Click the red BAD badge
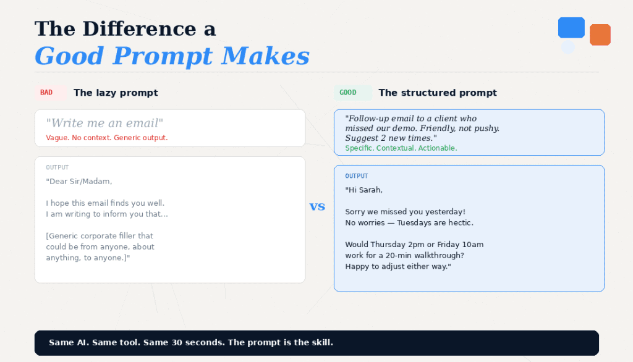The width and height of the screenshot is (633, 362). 46,93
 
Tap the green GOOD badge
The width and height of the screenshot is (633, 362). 348,93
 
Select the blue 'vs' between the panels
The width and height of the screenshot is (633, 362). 317,207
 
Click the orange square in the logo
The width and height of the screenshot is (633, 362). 600,35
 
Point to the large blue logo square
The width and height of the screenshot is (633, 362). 571,28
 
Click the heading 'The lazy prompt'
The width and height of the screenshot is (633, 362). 116,93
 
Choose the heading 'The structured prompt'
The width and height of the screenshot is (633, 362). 438,93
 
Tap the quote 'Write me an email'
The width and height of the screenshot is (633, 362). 104,123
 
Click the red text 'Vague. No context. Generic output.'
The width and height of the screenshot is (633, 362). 106,138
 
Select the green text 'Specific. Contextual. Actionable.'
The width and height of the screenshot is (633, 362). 401,148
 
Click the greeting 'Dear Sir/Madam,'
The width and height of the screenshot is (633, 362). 79,182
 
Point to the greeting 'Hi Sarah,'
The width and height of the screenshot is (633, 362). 363,190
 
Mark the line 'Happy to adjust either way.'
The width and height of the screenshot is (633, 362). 398,267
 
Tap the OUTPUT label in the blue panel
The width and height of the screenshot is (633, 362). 356,176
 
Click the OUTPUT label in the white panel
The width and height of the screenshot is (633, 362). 57,167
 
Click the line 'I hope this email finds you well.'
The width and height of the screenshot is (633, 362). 105,203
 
